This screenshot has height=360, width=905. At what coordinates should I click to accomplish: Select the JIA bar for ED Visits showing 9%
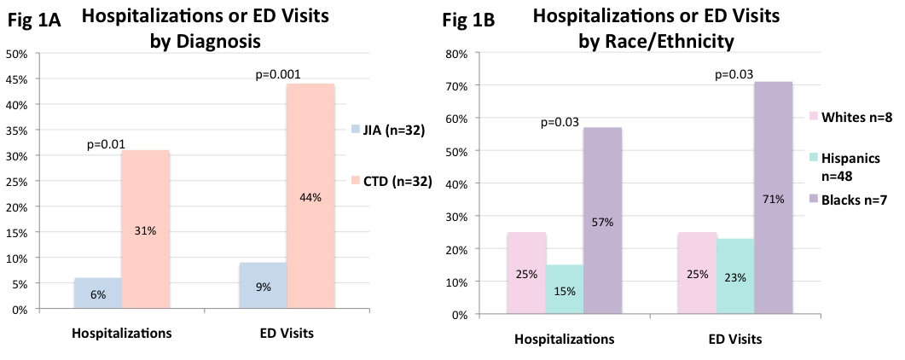[263, 286]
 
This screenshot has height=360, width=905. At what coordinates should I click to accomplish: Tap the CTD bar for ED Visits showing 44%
[310, 196]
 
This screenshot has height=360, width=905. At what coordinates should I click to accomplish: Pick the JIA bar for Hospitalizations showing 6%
[97, 293]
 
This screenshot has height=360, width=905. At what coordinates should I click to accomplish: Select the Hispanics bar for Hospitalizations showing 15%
[565, 290]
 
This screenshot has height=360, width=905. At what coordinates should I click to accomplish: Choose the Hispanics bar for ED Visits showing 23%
[736, 276]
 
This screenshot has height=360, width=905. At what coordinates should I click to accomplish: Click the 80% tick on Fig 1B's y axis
[457, 54]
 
